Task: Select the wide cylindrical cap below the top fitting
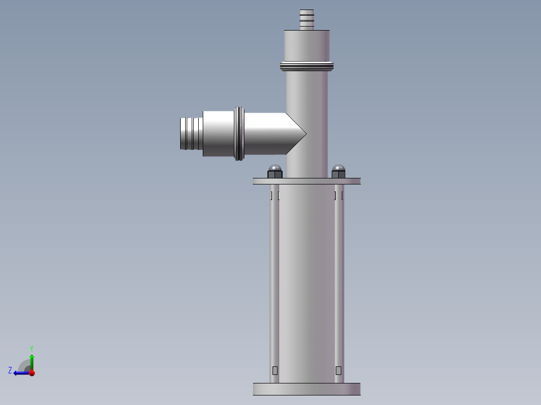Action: point(307,45)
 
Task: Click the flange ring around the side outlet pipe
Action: point(239,133)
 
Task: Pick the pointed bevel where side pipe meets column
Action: point(296,133)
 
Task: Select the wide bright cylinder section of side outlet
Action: point(218,133)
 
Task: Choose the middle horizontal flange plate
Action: point(307,181)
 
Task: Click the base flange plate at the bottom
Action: point(307,389)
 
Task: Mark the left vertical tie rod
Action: point(275,281)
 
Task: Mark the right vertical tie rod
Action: point(339,281)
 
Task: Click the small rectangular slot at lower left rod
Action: point(275,370)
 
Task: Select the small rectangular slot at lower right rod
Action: point(338,370)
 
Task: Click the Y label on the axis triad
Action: point(31,348)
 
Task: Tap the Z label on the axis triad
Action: point(10,370)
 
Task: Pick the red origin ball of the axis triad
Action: point(32,373)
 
